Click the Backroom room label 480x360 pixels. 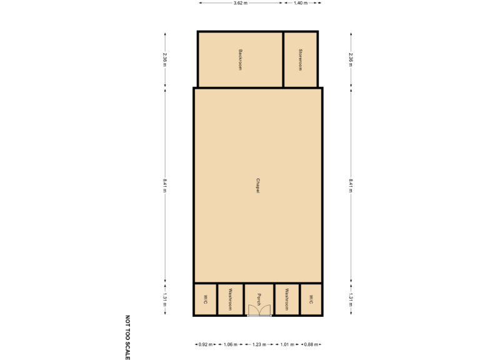click(x=241, y=59)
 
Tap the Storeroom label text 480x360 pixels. click(x=301, y=59)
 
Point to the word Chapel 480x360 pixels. click(x=257, y=186)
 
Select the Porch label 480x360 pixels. click(x=258, y=296)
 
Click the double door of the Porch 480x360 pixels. click(x=259, y=309)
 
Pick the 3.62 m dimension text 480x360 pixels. click(x=240, y=3)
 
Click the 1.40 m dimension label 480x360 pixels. click(x=301, y=3)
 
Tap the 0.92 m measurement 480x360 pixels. click(x=206, y=344)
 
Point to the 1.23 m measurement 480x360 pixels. click(x=259, y=344)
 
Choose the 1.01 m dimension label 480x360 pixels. click(x=287, y=344)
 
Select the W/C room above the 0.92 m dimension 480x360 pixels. click(x=205, y=299)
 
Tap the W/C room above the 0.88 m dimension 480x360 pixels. click(x=311, y=299)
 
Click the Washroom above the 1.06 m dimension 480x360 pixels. click(x=231, y=299)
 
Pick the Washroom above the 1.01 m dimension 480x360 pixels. click(x=287, y=299)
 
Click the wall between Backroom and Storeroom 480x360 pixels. click(x=283, y=59)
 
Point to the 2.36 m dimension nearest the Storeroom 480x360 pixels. click(x=351, y=59)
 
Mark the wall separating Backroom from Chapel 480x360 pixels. click(x=240, y=87)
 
